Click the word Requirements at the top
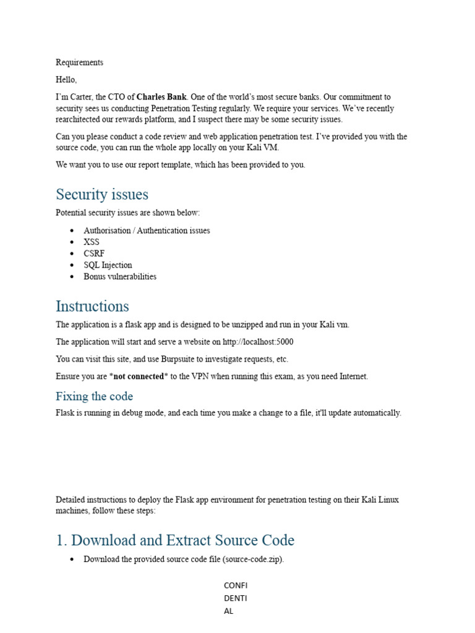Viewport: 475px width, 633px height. (79, 62)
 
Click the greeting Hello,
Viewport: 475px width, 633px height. (66, 80)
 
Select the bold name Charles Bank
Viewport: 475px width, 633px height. (161, 97)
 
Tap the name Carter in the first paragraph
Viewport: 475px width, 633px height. (88, 97)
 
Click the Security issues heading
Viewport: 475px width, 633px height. (102, 194)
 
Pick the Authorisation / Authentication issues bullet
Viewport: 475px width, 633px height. (147, 231)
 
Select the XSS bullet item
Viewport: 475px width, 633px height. (91, 242)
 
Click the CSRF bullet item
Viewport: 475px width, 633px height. (94, 253)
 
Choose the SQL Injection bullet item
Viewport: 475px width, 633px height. (108, 265)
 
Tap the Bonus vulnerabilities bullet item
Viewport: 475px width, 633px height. (120, 276)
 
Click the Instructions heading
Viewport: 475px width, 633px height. (92, 306)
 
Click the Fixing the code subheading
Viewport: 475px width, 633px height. (94, 396)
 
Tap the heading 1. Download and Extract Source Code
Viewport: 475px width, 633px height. (175, 540)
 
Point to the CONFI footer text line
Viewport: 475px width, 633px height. (236, 585)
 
